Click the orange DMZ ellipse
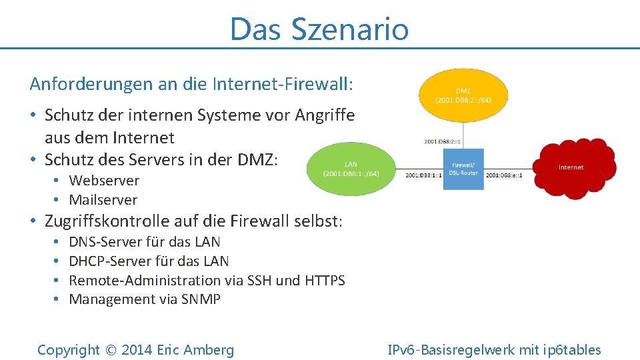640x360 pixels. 463,95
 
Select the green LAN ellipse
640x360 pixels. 351,169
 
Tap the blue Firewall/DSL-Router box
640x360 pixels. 463,168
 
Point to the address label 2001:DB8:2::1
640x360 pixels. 443,141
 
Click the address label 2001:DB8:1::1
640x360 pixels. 423,175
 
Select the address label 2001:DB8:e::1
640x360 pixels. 504,175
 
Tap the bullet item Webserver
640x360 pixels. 104,181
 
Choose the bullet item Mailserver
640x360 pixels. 103,200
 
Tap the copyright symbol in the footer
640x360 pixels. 110,350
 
